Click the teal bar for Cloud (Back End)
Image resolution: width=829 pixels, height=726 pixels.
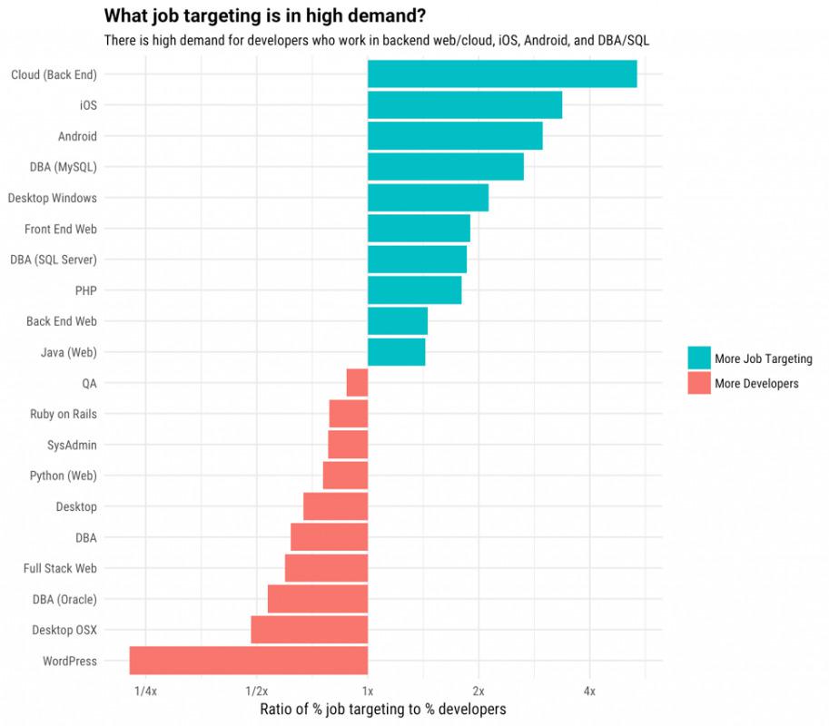tap(502, 74)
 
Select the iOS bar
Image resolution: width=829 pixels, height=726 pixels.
tap(465, 105)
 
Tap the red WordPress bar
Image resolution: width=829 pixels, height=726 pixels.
tap(249, 661)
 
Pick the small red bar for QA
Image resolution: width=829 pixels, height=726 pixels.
tap(357, 383)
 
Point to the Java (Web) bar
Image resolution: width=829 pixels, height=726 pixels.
tap(396, 352)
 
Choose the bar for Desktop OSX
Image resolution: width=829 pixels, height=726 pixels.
tap(310, 630)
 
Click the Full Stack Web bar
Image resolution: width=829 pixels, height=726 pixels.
tap(326, 568)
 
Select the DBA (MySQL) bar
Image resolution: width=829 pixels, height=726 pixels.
tap(446, 167)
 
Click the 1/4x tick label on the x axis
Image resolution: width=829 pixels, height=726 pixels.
tap(145, 692)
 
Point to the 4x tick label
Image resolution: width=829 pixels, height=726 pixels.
tap(589, 692)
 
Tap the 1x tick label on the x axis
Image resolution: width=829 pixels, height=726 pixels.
tap(368, 692)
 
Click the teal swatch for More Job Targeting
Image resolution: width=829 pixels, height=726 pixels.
tap(699, 358)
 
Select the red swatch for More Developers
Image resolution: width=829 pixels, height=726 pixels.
tap(699, 383)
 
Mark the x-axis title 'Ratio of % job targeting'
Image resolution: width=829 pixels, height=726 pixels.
tap(382, 709)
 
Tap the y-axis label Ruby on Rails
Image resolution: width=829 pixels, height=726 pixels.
tap(63, 414)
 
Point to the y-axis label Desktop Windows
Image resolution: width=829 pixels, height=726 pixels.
tap(52, 198)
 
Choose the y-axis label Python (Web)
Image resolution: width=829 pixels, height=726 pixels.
tap(63, 476)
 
